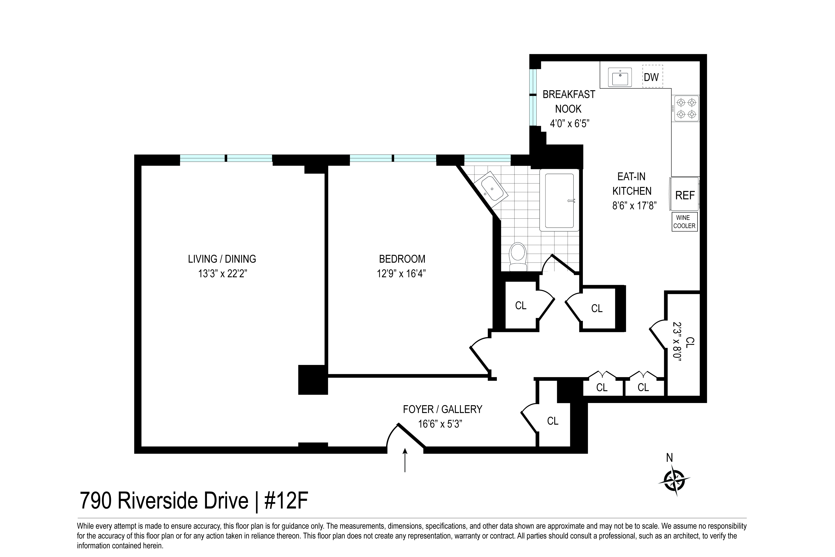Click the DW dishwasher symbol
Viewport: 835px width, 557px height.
(x=652, y=76)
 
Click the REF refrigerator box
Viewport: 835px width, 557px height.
(x=684, y=195)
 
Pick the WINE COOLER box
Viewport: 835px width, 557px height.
(x=684, y=222)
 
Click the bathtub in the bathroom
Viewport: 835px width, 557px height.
(x=560, y=201)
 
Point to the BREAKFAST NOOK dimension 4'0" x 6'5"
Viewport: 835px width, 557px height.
(x=570, y=124)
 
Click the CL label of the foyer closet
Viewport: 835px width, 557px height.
(x=553, y=421)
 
